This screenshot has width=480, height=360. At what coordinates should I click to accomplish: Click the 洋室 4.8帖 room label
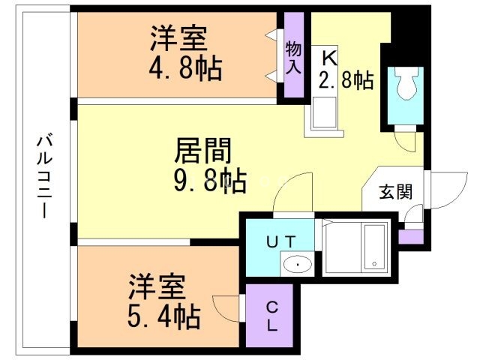pos(183,53)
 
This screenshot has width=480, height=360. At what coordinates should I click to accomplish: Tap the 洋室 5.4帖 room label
pos(162,303)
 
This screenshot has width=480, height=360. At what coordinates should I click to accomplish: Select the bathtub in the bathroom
pos(373,247)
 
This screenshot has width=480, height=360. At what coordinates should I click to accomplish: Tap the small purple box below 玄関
pos(411,236)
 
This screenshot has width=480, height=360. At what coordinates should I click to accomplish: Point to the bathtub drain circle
pos(373,264)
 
